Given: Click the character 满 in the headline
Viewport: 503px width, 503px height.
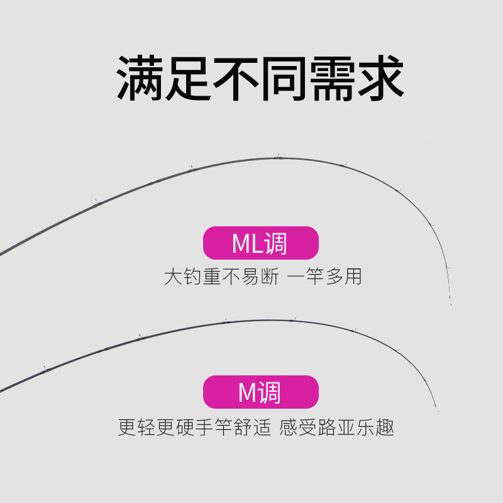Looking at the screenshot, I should pyautogui.click(x=141, y=80).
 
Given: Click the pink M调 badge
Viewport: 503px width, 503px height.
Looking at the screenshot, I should pyautogui.click(x=260, y=392).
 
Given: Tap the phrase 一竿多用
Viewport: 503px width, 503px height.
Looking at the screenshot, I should pyautogui.click(x=324, y=277).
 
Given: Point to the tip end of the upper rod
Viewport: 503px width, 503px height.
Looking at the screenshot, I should pyautogui.click(x=451, y=304).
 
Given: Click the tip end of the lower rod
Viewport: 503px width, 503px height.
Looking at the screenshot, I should pyautogui.click(x=437, y=412).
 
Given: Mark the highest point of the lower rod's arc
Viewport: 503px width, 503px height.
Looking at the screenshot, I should pyautogui.click(x=277, y=321).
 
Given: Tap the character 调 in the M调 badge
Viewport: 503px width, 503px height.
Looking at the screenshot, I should pyautogui.click(x=268, y=393).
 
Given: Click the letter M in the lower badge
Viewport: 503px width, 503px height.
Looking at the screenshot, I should pyautogui.click(x=246, y=393).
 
